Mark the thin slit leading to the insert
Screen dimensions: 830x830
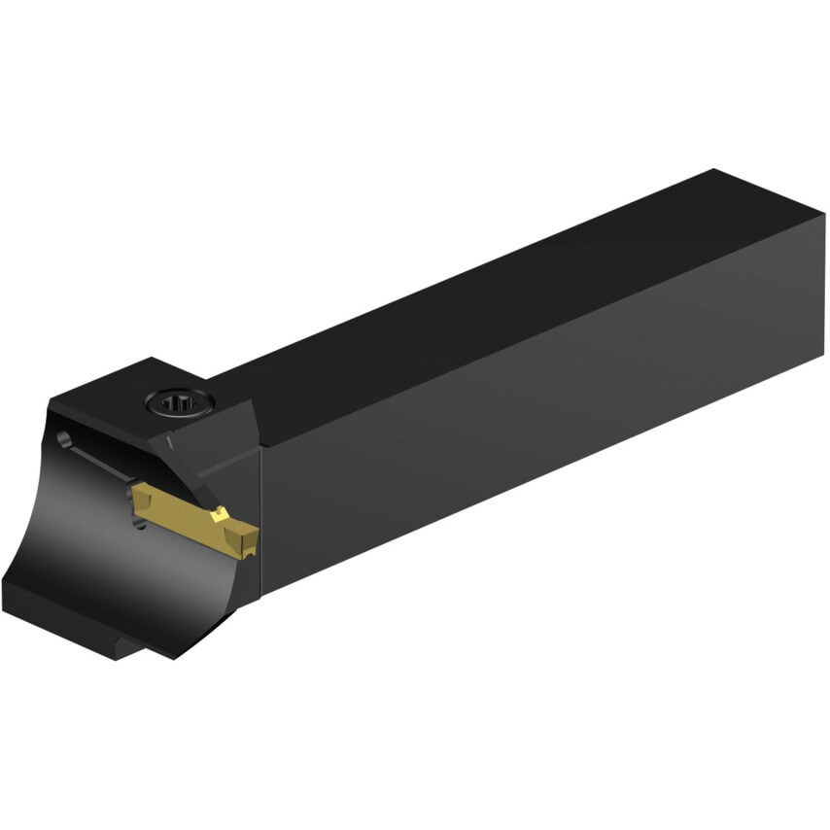coord(102,463)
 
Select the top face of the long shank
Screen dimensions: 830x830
coord(505,292)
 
